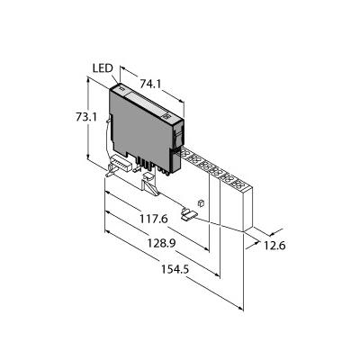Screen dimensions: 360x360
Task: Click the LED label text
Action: [103, 68]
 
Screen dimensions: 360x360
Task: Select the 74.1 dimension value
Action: [150, 85]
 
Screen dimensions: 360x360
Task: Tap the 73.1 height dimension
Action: [86, 117]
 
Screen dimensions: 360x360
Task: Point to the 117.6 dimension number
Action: [153, 220]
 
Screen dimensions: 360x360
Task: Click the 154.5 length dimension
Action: [175, 269]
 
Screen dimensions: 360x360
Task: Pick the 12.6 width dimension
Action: [274, 246]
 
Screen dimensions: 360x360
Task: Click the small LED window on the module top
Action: [121, 88]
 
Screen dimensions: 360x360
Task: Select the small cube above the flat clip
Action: [201, 202]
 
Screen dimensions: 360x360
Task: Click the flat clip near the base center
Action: [189, 214]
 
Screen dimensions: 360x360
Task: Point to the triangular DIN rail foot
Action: [150, 187]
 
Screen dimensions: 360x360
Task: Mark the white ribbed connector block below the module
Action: [121, 164]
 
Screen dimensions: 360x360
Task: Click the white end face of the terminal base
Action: [247, 209]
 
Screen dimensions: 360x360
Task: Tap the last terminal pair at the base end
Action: [239, 184]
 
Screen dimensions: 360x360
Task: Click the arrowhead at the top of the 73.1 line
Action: [88, 78]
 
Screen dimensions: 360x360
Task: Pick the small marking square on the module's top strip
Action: [167, 116]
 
